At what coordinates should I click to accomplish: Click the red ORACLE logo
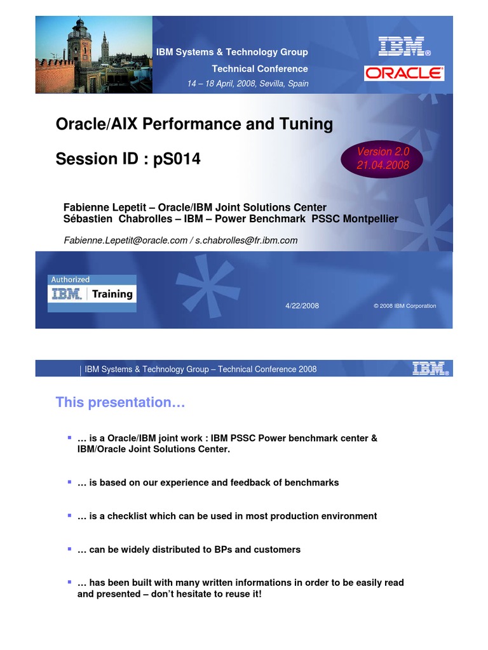(x=404, y=74)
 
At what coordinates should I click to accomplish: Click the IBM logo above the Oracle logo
(x=404, y=46)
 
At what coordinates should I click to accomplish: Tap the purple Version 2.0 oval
(x=382, y=158)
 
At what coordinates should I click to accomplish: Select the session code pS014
(x=177, y=159)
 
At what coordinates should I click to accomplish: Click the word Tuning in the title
(x=306, y=124)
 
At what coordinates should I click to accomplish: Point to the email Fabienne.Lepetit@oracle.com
(x=125, y=241)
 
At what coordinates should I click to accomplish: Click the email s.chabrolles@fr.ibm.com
(x=247, y=241)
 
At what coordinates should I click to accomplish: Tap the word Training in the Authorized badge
(x=112, y=294)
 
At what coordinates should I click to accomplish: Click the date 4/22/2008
(x=302, y=306)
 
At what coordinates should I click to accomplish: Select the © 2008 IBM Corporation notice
(x=405, y=306)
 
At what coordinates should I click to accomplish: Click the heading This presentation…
(x=120, y=402)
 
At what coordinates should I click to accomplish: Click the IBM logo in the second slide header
(x=430, y=368)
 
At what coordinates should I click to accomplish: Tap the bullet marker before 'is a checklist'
(x=69, y=515)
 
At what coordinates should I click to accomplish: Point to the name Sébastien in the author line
(x=88, y=219)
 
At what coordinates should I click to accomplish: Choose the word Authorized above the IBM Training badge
(x=70, y=280)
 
